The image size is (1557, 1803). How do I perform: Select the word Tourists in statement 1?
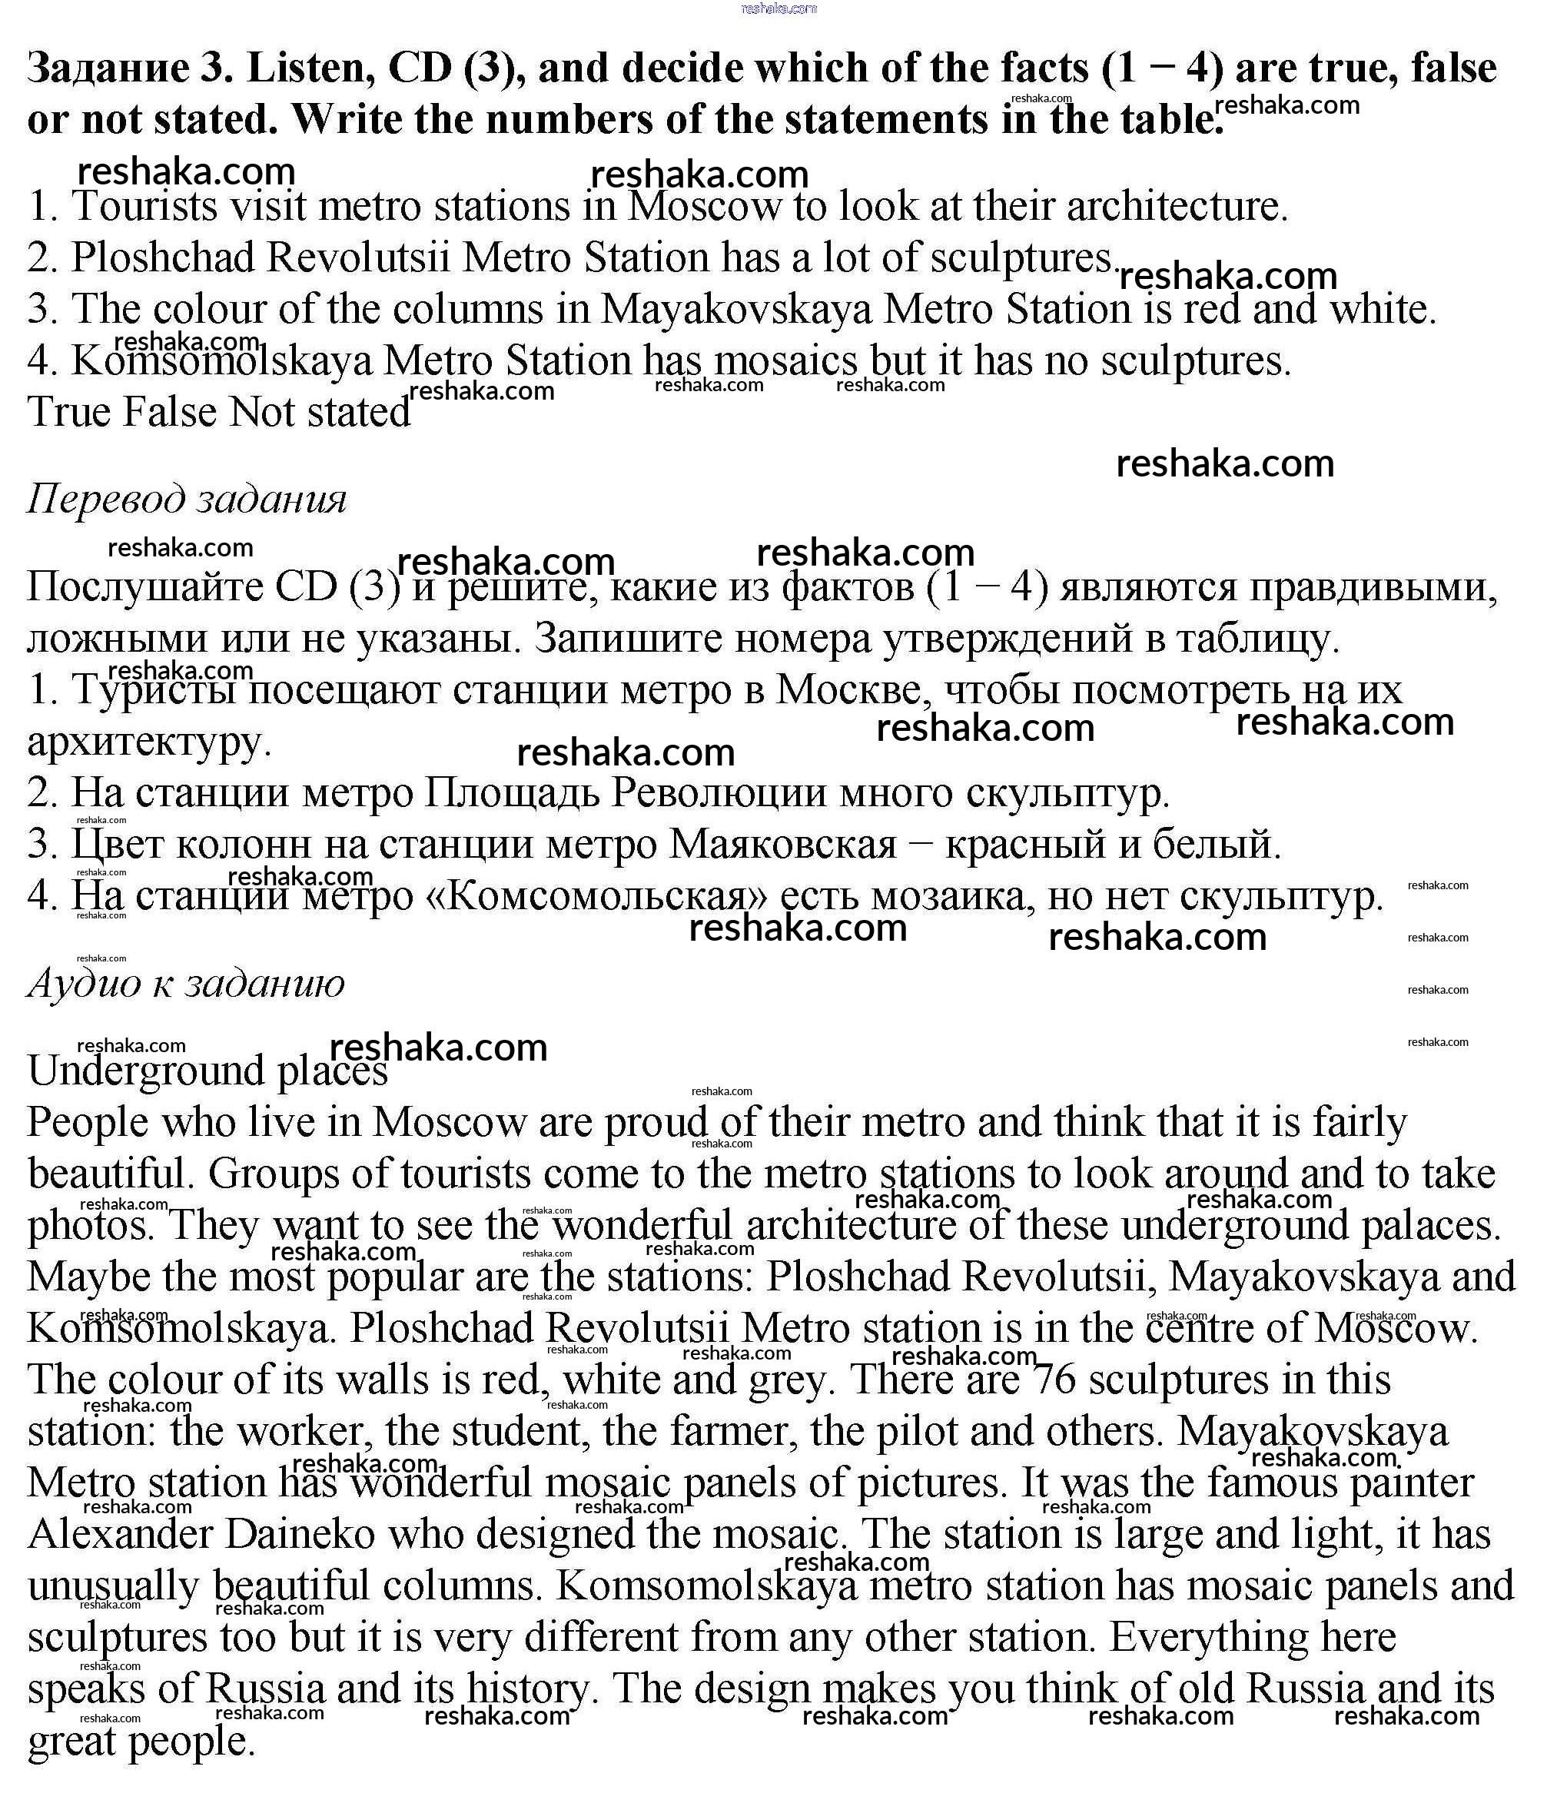coord(144,206)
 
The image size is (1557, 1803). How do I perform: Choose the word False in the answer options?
coord(169,412)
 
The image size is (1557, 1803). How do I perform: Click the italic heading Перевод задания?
coord(186,499)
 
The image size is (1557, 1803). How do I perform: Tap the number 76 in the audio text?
coord(1054,1380)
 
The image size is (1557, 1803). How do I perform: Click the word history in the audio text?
coord(527,1689)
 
